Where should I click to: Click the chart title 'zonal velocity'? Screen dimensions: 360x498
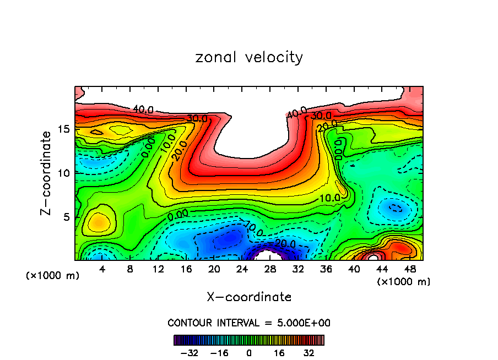(249, 57)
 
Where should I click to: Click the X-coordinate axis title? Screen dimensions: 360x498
(249, 297)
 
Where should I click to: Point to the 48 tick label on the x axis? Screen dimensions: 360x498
(409, 270)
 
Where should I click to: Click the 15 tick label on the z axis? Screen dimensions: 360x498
(64, 129)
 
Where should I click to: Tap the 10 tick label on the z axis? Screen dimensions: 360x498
(64, 173)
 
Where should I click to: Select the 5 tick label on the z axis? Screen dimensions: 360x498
(67, 217)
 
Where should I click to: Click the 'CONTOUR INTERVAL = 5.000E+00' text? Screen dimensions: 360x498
(249, 323)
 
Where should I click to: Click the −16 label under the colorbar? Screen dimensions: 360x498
(220, 352)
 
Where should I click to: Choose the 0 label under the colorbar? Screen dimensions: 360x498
(249, 352)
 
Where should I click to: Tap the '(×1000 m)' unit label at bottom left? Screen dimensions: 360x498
(52, 275)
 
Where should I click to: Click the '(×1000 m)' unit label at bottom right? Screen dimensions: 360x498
(404, 281)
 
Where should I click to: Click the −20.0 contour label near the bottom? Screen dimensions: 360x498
(286, 243)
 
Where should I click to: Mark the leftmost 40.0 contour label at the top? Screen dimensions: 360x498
(143, 110)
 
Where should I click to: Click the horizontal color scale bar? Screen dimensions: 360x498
(249, 340)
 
